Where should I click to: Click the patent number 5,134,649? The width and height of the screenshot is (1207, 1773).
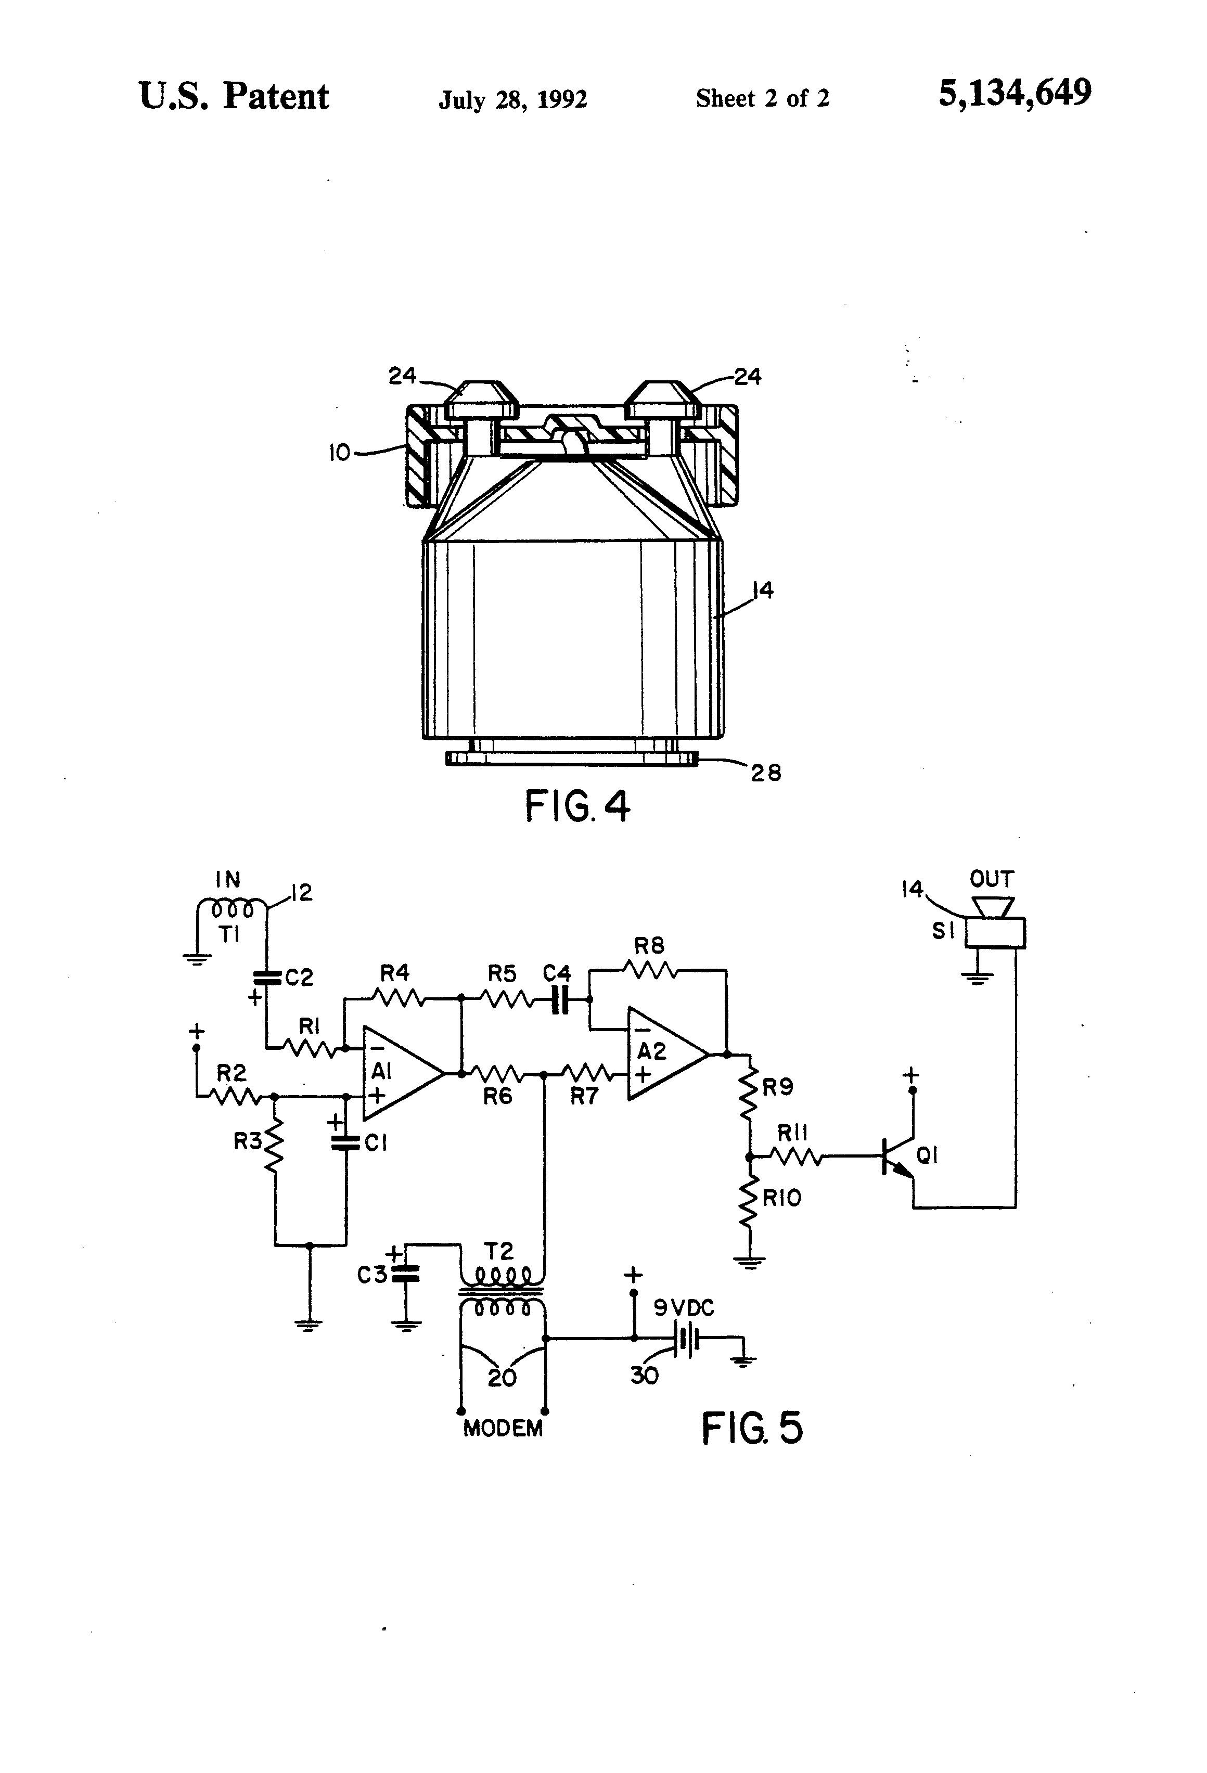pyautogui.click(x=1015, y=94)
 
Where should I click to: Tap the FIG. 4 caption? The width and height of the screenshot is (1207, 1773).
pyautogui.click(x=577, y=806)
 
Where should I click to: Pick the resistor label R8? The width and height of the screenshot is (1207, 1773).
pyautogui.click(x=649, y=946)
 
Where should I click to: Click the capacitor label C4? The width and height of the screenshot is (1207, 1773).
pyautogui.click(x=557, y=974)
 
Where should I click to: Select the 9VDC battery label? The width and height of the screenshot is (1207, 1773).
pyautogui.click(x=684, y=1308)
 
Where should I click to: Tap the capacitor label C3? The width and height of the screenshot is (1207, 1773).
pyautogui.click(x=373, y=1274)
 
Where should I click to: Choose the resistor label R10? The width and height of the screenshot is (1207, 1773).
pyautogui.click(x=782, y=1198)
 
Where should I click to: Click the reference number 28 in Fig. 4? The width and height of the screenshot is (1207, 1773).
pyautogui.click(x=766, y=773)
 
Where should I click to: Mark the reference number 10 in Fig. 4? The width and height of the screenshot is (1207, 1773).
pyautogui.click(x=339, y=453)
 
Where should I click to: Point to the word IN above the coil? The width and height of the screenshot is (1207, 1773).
pyautogui.click(x=227, y=880)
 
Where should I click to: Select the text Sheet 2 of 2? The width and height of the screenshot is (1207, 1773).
pyautogui.click(x=762, y=98)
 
